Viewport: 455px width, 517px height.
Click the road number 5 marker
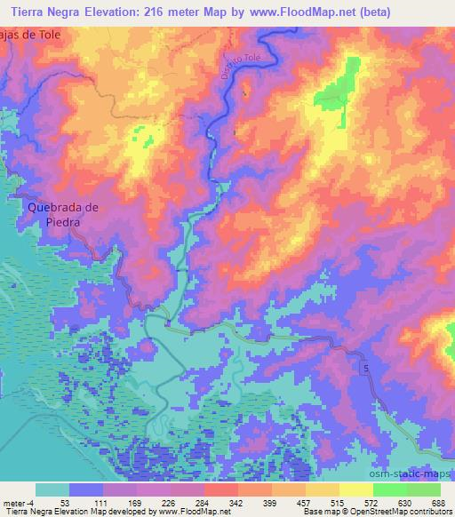click(x=363, y=367)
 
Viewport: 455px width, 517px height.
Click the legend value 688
click(x=439, y=502)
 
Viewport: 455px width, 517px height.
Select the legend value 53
click(x=65, y=502)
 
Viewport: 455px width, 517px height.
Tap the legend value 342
click(x=235, y=502)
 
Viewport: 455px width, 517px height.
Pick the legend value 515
click(x=338, y=502)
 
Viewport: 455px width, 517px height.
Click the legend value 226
click(x=167, y=502)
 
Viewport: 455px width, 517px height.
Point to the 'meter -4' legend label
click(x=18, y=502)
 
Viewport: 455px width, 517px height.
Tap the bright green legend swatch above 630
click(x=389, y=489)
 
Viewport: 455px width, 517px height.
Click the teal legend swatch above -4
click(x=52, y=489)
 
